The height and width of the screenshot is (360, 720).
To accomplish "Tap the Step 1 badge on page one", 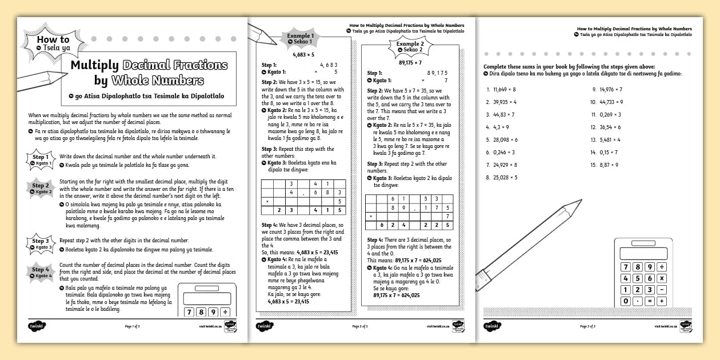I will (41, 159).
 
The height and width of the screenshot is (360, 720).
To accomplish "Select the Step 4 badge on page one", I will (41, 272).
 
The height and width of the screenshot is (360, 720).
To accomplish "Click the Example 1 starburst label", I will (300, 39).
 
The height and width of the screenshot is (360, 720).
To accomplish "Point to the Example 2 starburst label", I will (410, 47).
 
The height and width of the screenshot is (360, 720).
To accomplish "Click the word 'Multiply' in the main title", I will (95, 65).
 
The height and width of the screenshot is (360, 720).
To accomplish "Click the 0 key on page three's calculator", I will (626, 301).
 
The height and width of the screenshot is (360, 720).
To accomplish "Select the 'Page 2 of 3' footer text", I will (359, 326).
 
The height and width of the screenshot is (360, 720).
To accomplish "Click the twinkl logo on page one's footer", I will (37, 326).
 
